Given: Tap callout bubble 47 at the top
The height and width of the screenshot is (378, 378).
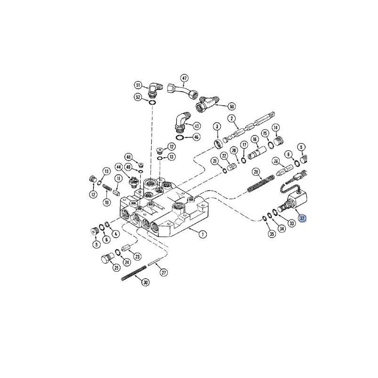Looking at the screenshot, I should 184,78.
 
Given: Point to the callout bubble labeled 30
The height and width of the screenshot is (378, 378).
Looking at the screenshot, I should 145,282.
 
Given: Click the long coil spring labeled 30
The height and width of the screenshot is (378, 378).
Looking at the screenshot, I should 132,274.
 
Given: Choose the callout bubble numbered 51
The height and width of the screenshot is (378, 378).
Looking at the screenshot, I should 138,86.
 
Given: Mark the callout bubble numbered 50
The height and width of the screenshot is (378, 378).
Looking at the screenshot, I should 232,106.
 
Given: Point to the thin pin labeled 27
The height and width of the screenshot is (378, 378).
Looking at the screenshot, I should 155,264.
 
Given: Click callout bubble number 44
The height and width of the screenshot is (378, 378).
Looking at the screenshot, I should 119,167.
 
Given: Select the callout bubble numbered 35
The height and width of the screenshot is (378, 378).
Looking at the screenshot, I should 271,234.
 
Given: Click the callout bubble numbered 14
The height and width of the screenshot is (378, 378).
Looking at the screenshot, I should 275,127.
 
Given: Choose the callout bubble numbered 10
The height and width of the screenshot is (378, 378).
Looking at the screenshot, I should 106,202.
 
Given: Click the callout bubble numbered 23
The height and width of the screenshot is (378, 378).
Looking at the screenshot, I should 137,256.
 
